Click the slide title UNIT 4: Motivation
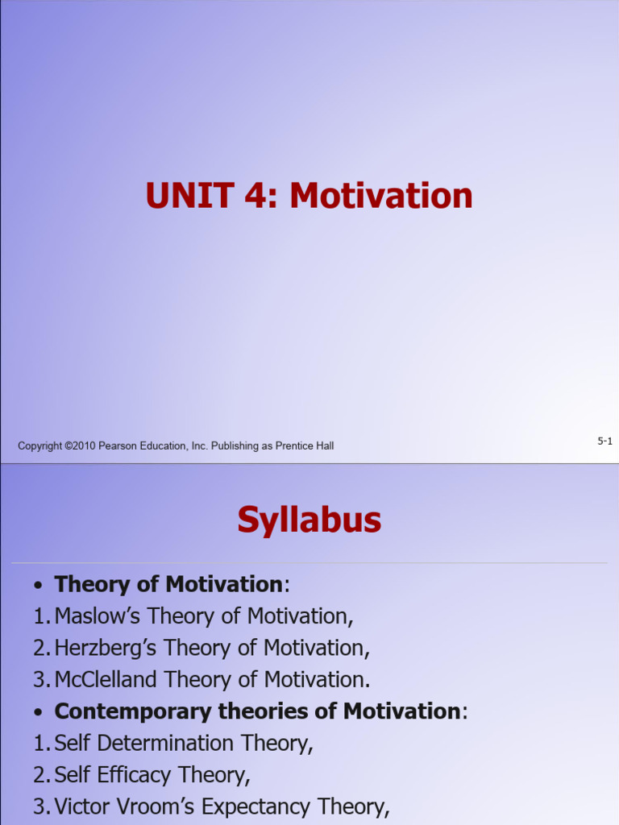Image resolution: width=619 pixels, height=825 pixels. pyautogui.click(x=309, y=197)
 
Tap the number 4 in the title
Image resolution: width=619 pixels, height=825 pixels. pyautogui.click(x=253, y=197)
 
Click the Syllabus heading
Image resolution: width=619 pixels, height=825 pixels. pyautogui.click(x=309, y=520)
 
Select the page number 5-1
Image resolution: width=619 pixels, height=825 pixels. pyautogui.click(x=604, y=441)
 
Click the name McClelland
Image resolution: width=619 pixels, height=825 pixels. pyautogui.click(x=106, y=679)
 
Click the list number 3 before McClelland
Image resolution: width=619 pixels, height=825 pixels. pyautogui.click(x=39, y=679)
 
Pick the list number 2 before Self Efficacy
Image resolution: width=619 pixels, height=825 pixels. pyautogui.click(x=39, y=775)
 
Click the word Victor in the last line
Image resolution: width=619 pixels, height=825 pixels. pyautogui.click(x=79, y=806)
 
